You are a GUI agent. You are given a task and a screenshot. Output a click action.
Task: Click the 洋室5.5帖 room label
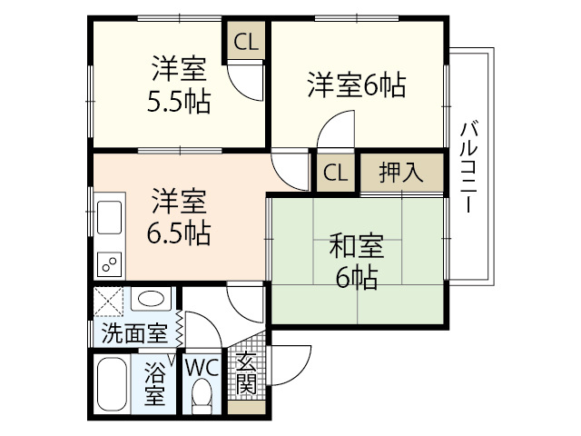[179, 84]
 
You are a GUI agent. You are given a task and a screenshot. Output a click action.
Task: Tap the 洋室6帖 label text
[357, 85]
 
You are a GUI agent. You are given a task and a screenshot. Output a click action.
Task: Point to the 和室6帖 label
[357, 261]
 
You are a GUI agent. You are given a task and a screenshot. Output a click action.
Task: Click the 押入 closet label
[401, 173]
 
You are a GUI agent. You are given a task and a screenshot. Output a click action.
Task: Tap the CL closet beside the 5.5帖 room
[246, 42]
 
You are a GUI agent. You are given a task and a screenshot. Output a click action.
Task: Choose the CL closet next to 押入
[335, 173]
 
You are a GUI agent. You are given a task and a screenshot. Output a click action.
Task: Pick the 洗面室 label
[135, 333]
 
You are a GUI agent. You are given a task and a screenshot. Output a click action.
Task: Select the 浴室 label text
[154, 383]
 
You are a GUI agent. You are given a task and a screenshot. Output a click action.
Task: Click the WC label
[202, 368]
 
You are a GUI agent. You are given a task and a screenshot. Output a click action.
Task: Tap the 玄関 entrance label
[247, 372]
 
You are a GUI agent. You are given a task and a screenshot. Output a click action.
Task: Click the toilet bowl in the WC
[202, 396]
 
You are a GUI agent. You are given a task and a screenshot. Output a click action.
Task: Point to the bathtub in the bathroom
[112, 383]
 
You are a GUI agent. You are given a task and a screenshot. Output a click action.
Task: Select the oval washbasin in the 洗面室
[151, 298]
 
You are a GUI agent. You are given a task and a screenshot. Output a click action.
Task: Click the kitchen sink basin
[109, 217]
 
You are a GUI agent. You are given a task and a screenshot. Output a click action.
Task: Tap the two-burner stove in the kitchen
[109, 264]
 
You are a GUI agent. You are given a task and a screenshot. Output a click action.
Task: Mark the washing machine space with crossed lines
[108, 302]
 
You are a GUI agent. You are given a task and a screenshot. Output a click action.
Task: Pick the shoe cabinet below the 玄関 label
[246, 408]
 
